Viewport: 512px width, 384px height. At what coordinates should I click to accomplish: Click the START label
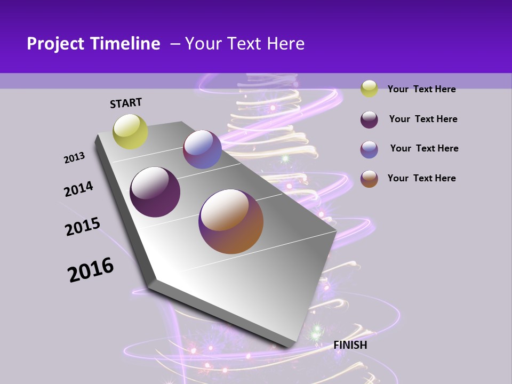(x=126, y=103)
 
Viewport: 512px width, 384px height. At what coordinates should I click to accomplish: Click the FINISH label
(x=350, y=345)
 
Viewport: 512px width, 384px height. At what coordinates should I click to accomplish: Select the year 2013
(x=75, y=158)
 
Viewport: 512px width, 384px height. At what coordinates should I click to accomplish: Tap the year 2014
(x=79, y=189)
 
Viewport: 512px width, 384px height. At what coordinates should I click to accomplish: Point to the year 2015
(x=83, y=227)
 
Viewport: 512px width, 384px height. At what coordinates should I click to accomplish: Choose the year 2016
(x=91, y=269)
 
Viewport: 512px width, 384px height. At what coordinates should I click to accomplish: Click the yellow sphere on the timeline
(x=131, y=132)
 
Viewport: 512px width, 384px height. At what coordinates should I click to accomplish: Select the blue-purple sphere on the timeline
(x=202, y=149)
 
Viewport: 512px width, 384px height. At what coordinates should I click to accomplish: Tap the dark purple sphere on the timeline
(x=155, y=192)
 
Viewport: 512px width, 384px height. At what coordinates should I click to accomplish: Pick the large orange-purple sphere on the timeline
(x=231, y=221)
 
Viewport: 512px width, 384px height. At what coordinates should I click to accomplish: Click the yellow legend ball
(x=369, y=89)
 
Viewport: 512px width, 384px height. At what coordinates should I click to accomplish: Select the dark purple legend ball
(x=369, y=119)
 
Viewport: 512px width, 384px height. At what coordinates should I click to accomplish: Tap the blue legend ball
(x=369, y=149)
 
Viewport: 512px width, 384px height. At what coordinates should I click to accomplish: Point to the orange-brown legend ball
(x=369, y=179)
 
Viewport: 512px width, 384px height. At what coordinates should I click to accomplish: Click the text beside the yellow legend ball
(x=421, y=89)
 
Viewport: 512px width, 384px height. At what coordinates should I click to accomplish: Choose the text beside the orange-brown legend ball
(x=421, y=178)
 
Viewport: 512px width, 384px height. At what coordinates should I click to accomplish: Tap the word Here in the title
(x=285, y=44)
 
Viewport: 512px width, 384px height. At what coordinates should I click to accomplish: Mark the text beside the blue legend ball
(x=424, y=148)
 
